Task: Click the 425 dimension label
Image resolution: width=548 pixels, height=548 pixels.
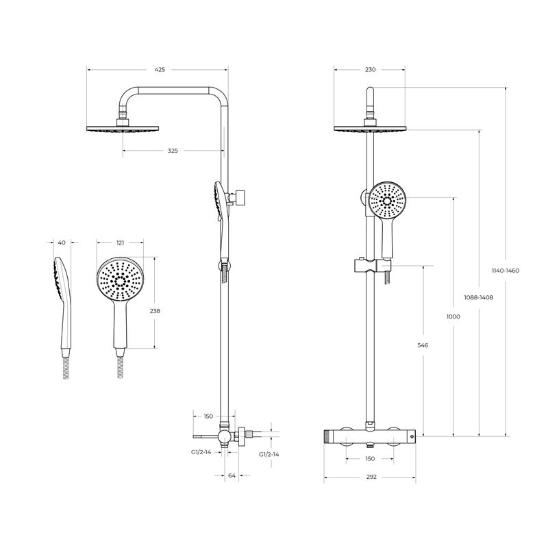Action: tap(160, 70)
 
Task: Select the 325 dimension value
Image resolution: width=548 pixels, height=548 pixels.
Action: tap(173, 151)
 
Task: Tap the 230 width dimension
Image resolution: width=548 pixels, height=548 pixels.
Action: tap(370, 70)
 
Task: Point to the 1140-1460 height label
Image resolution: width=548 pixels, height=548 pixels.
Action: tap(506, 271)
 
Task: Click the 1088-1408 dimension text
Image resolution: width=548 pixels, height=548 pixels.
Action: tap(478, 297)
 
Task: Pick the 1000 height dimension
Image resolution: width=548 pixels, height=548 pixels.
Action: tap(453, 316)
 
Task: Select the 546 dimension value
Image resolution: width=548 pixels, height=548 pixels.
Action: tap(423, 345)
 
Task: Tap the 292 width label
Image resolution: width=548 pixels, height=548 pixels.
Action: tap(371, 477)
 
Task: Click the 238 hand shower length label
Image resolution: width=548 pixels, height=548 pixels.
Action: tap(155, 311)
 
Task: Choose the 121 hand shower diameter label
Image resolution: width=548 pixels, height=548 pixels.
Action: tap(120, 242)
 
